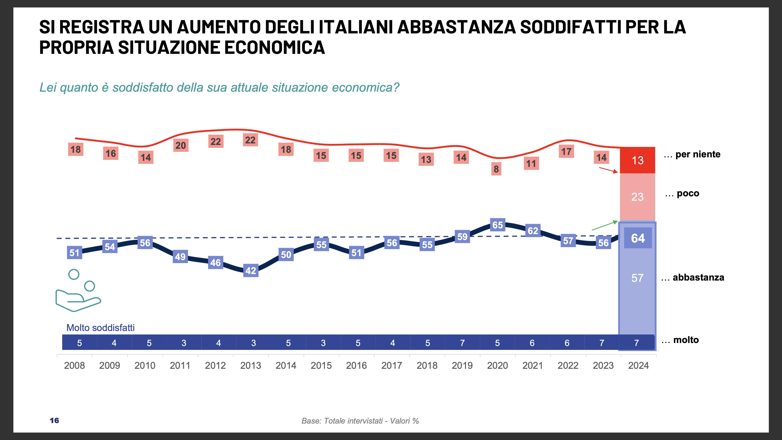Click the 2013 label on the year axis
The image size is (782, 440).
pyautogui.click(x=250, y=365)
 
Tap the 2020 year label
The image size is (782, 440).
pyautogui.click(x=497, y=365)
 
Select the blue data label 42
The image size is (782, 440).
pyautogui.click(x=251, y=270)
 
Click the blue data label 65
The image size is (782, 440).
pyautogui.click(x=498, y=225)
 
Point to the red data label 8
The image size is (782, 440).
pyautogui.click(x=496, y=169)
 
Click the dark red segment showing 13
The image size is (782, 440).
pyautogui.click(x=637, y=160)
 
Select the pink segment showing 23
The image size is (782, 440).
pyautogui.click(x=637, y=197)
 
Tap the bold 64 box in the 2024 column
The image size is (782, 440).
pyautogui.click(x=638, y=238)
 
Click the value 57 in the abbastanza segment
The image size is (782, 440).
pyautogui.click(x=637, y=278)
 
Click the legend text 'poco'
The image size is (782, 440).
pyautogui.click(x=687, y=193)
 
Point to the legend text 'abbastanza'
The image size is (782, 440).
pyautogui.click(x=698, y=277)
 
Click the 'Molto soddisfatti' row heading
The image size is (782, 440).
pyautogui.click(x=100, y=328)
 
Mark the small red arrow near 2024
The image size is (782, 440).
pyautogui.click(x=608, y=170)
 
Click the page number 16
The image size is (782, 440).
pyautogui.click(x=54, y=420)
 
